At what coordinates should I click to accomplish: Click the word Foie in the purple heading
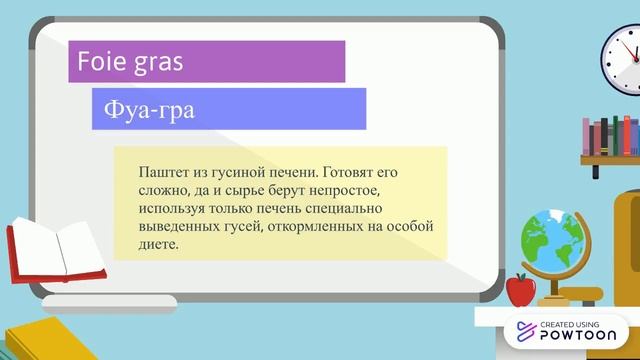[102, 62]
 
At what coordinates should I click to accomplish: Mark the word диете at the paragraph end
[159, 244]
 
